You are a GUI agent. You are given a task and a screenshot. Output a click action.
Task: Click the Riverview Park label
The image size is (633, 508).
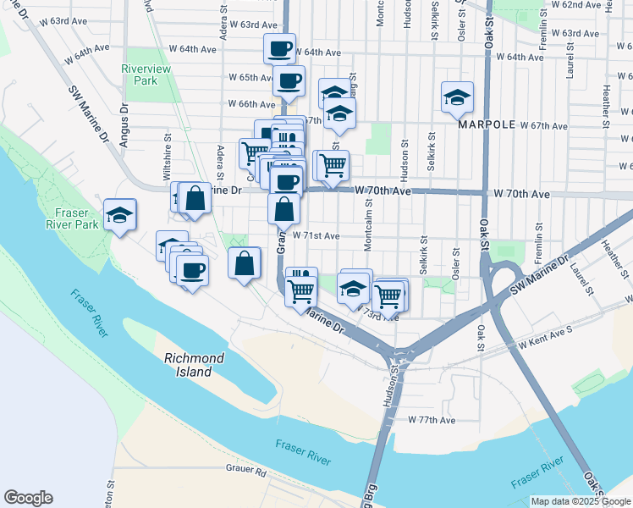coord(146,75)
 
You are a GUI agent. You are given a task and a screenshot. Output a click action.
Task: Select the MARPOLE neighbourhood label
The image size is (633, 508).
coord(487,124)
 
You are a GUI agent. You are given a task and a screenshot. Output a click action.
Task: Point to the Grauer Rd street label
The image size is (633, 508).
coord(246,467)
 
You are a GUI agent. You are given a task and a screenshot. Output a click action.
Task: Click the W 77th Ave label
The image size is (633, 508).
coord(432,420)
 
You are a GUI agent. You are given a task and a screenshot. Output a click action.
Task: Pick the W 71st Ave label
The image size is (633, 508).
coord(316,236)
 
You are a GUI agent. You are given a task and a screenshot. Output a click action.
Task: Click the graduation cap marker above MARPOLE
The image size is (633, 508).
coord(457,97)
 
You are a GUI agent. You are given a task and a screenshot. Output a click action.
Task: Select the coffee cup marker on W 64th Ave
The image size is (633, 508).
coord(279,48)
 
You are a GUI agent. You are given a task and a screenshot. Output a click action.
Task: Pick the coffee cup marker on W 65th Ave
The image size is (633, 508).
coord(289,81)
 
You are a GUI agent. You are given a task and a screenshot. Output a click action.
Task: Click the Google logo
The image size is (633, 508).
coord(28,498)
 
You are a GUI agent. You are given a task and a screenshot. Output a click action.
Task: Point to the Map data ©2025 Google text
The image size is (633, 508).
coord(581,501)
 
